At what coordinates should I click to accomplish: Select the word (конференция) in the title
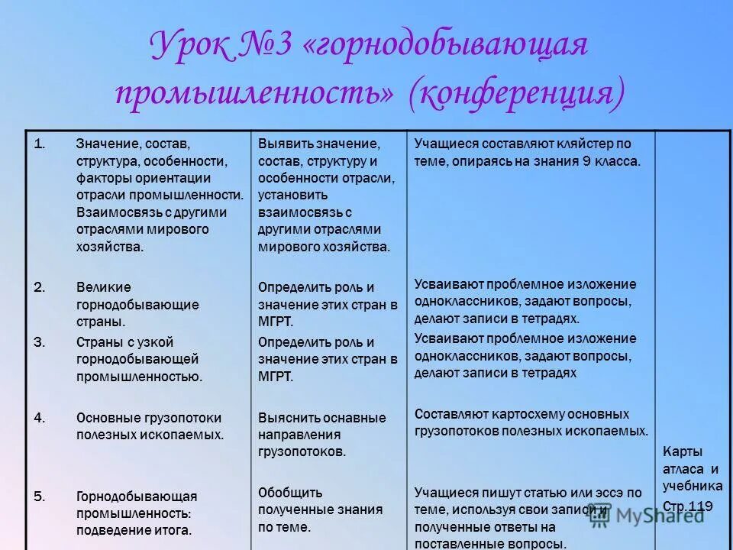(x=516, y=92)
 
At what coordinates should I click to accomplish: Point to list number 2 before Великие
(x=40, y=287)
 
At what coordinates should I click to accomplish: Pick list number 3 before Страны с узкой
(x=40, y=341)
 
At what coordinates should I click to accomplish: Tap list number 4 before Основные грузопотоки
(x=40, y=417)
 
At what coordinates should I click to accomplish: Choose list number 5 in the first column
(x=40, y=496)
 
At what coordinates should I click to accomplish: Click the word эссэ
(x=598, y=493)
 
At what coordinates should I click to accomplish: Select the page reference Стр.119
(x=688, y=506)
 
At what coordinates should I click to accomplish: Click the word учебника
(x=692, y=486)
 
